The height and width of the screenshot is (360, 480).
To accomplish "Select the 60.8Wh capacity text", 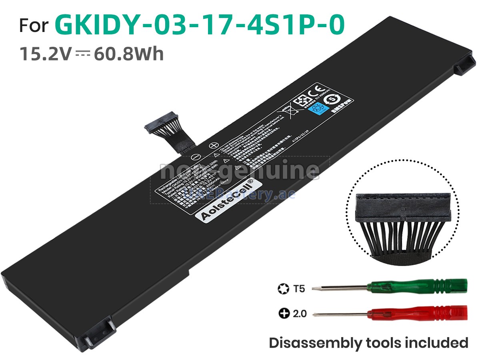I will point(129,54).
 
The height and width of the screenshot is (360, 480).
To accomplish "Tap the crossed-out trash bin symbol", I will point(286,109).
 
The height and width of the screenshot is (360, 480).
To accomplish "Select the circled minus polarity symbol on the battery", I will point(193,157).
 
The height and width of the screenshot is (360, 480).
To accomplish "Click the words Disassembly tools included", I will point(368,342).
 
